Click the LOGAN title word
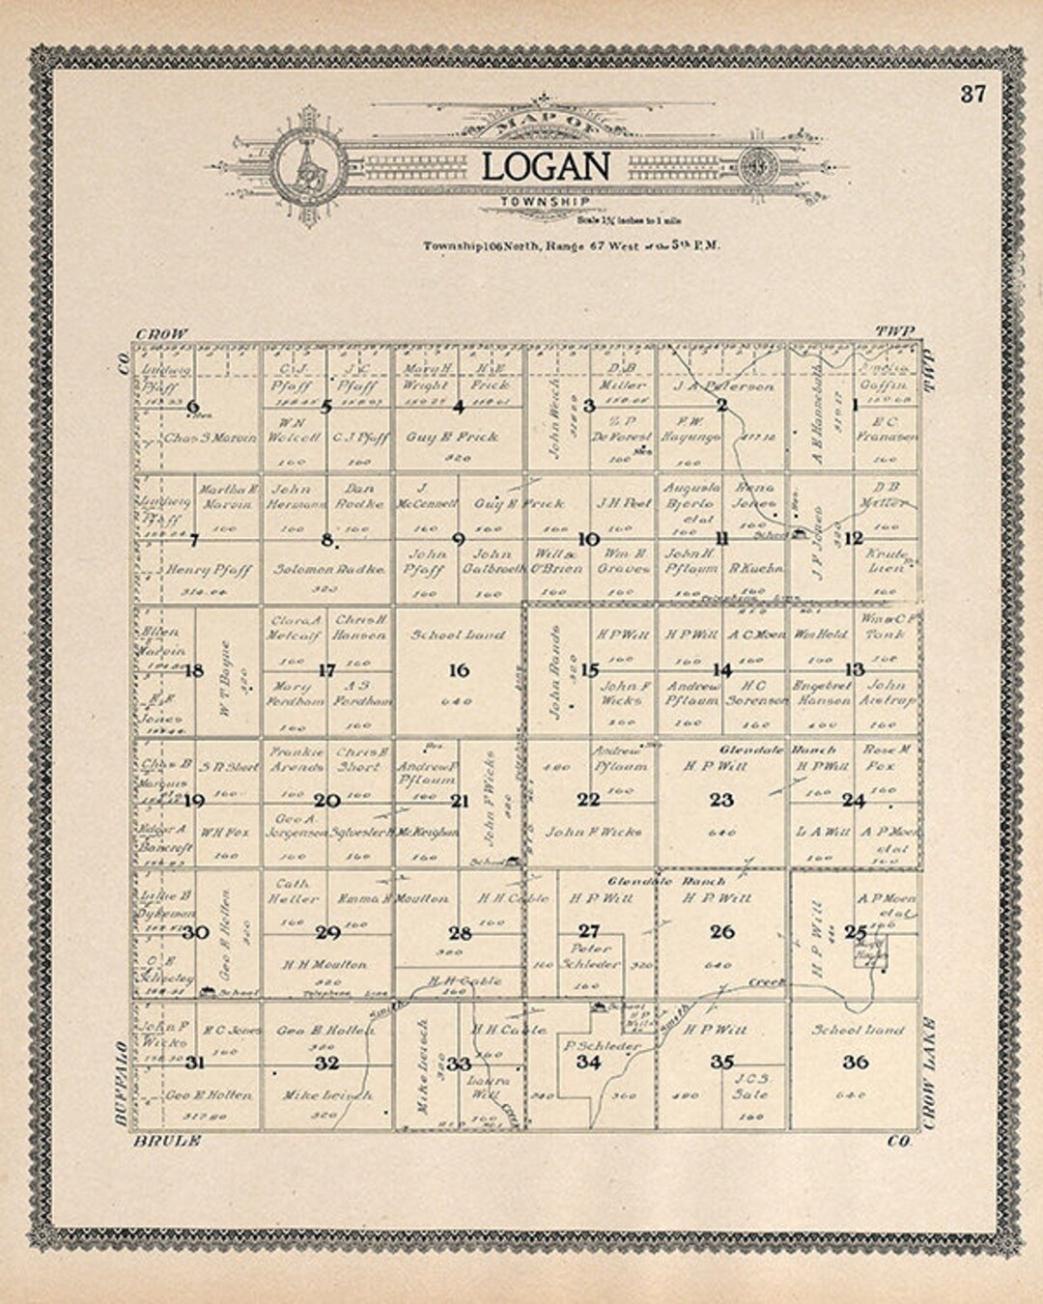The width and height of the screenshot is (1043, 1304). (546, 166)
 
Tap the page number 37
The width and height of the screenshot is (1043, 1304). (973, 94)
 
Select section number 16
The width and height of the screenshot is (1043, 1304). (459, 669)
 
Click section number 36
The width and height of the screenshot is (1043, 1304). (855, 1062)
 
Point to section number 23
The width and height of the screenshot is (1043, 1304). (721, 800)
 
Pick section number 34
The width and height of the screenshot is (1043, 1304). (588, 1062)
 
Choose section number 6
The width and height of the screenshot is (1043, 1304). (193, 407)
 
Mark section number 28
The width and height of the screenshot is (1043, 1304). (459, 932)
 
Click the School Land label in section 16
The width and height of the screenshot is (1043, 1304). (458, 636)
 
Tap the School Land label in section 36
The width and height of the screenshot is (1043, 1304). (858, 1030)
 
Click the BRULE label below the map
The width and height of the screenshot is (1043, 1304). (168, 1141)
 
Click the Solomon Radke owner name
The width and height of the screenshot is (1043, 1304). (328, 570)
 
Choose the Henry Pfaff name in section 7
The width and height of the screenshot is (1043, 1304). (209, 570)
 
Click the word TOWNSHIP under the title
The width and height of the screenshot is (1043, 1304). (546, 202)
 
